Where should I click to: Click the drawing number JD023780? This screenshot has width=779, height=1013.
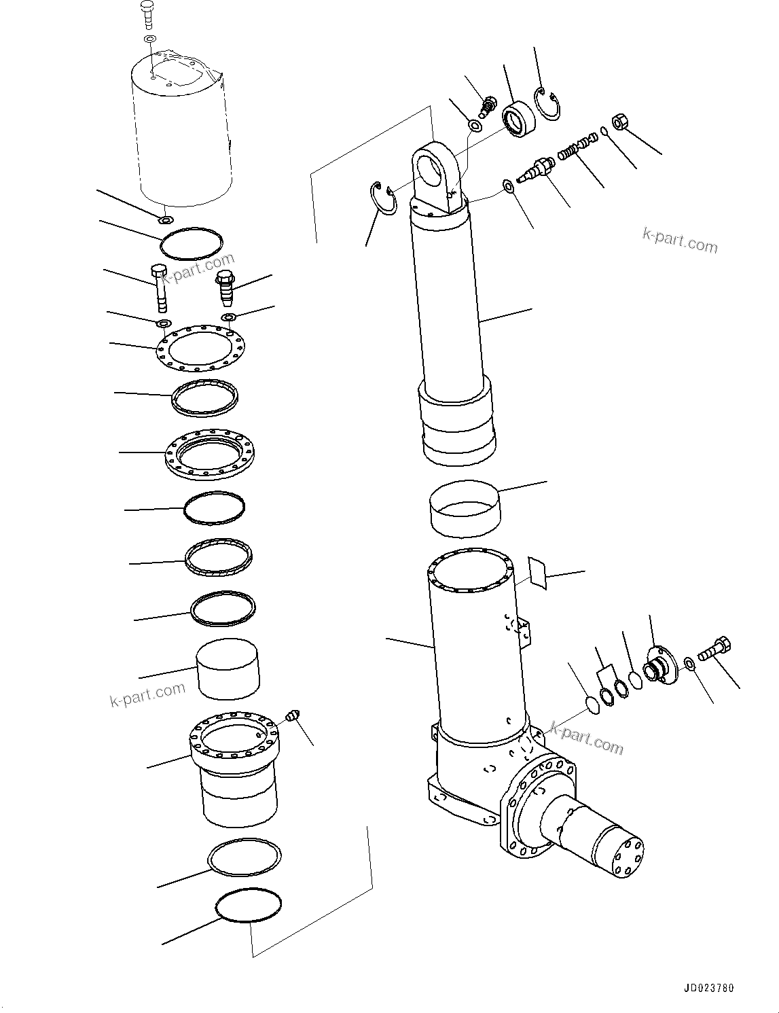point(709,989)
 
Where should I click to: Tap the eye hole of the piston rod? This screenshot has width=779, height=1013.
point(433,168)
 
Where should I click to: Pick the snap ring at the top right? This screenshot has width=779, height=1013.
point(547,105)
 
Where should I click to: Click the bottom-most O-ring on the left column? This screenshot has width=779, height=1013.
point(248,905)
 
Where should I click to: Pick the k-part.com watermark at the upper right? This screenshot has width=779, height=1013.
point(680,239)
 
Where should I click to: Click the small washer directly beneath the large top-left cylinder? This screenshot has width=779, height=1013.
point(165,219)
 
